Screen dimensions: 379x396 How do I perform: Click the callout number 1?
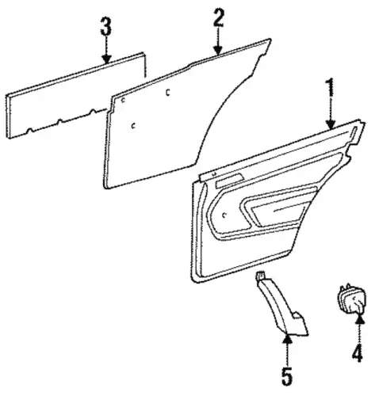pos(331,88)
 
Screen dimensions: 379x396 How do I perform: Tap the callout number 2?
pos(218,17)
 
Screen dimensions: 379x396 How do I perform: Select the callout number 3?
pos(106,26)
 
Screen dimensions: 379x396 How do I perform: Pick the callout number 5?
pos(287,376)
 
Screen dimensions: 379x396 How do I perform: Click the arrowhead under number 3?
pos(107,59)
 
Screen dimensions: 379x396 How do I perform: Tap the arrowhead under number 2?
pos(218,50)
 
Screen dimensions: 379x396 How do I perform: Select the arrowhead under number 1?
pos(331,124)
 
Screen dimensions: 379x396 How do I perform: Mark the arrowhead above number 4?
pos(359,319)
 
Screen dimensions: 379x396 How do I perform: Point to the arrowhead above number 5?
pos(287,339)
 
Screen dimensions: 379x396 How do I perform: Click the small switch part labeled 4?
pos(352,299)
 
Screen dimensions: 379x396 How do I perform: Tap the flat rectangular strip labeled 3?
pos(75,96)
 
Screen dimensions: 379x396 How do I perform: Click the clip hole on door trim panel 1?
pos(224,215)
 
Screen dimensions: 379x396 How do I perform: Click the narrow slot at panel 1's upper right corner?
pos(354,132)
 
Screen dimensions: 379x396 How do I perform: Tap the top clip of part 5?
pos(260,275)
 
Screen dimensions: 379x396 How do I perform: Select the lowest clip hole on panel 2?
pos(134,126)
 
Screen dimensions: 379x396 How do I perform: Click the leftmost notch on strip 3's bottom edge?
pos(29,130)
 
